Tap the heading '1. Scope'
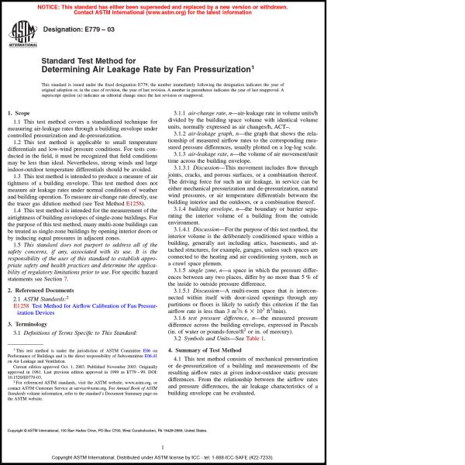point(22,114)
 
